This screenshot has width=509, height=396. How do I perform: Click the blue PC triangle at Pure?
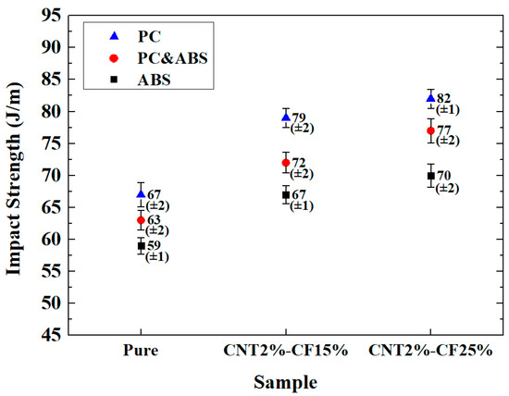point(141,193)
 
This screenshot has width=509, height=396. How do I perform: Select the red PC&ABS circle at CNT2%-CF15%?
point(285,163)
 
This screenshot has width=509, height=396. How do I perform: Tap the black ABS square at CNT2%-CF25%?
point(430,176)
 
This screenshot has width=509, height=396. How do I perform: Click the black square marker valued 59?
point(141,246)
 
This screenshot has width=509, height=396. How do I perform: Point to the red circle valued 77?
point(430,130)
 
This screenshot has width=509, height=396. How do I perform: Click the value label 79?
point(299,118)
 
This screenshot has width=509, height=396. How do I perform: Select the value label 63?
point(155,220)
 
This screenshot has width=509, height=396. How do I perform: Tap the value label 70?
point(444,176)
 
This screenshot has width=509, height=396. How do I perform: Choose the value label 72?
point(299,163)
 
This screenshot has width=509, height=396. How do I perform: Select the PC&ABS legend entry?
point(166,57)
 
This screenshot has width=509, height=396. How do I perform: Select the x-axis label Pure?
point(141,353)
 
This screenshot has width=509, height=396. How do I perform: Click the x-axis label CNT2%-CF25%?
point(430,353)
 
